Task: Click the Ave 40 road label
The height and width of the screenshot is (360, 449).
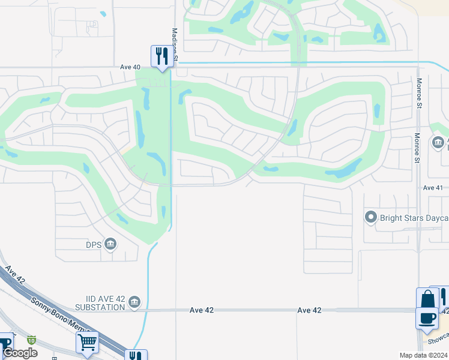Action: tap(130, 67)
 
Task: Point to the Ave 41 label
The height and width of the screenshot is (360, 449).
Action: tap(432, 188)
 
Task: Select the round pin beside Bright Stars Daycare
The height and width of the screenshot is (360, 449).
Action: tap(371, 217)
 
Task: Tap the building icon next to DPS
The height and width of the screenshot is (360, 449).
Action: tap(110, 244)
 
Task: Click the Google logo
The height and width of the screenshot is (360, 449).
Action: tap(20, 353)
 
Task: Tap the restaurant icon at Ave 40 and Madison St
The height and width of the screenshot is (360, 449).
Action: tap(161, 56)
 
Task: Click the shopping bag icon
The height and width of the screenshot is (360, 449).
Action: tap(427, 298)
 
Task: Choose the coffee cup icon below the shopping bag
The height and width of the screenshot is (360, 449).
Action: tap(427, 318)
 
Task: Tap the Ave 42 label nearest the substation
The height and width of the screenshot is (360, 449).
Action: tap(201, 310)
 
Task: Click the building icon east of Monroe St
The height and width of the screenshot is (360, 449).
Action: tap(438, 142)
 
